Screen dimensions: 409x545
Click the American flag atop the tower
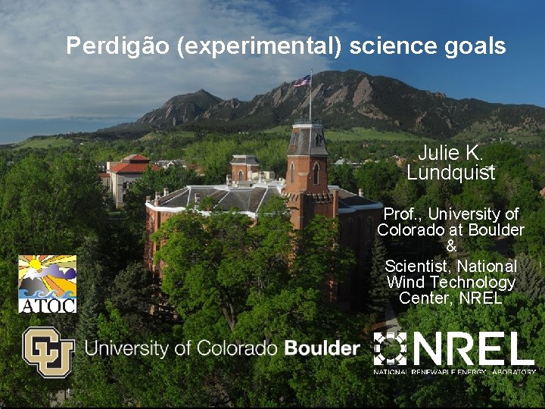302,80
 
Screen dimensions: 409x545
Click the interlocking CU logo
48,351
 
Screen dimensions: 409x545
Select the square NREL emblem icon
391,349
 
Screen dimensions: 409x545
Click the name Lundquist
450,173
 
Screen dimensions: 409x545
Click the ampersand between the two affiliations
451,246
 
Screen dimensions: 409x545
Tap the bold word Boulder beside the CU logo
322,348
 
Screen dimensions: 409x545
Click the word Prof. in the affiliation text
402,214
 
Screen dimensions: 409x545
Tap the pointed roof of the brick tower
308,137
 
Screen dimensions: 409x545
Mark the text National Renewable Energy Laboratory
454,371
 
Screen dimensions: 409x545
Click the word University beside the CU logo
126,348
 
